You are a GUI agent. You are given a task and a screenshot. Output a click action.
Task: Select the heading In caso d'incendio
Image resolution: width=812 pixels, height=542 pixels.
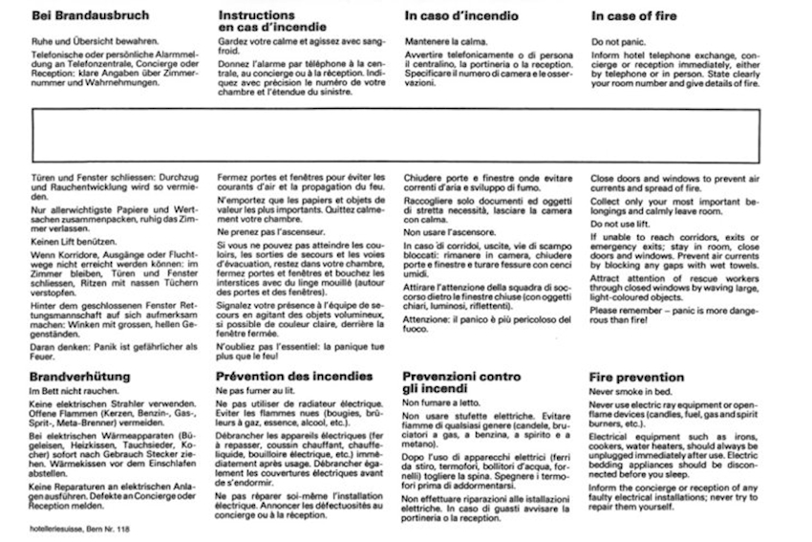click(461, 16)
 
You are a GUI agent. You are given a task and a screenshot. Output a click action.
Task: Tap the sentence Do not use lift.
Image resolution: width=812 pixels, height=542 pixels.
click(623, 223)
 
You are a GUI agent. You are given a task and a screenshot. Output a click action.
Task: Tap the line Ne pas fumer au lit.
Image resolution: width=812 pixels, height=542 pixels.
click(256, 392)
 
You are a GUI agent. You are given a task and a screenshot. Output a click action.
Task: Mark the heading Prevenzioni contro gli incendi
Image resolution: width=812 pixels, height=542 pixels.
click(462, 383)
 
